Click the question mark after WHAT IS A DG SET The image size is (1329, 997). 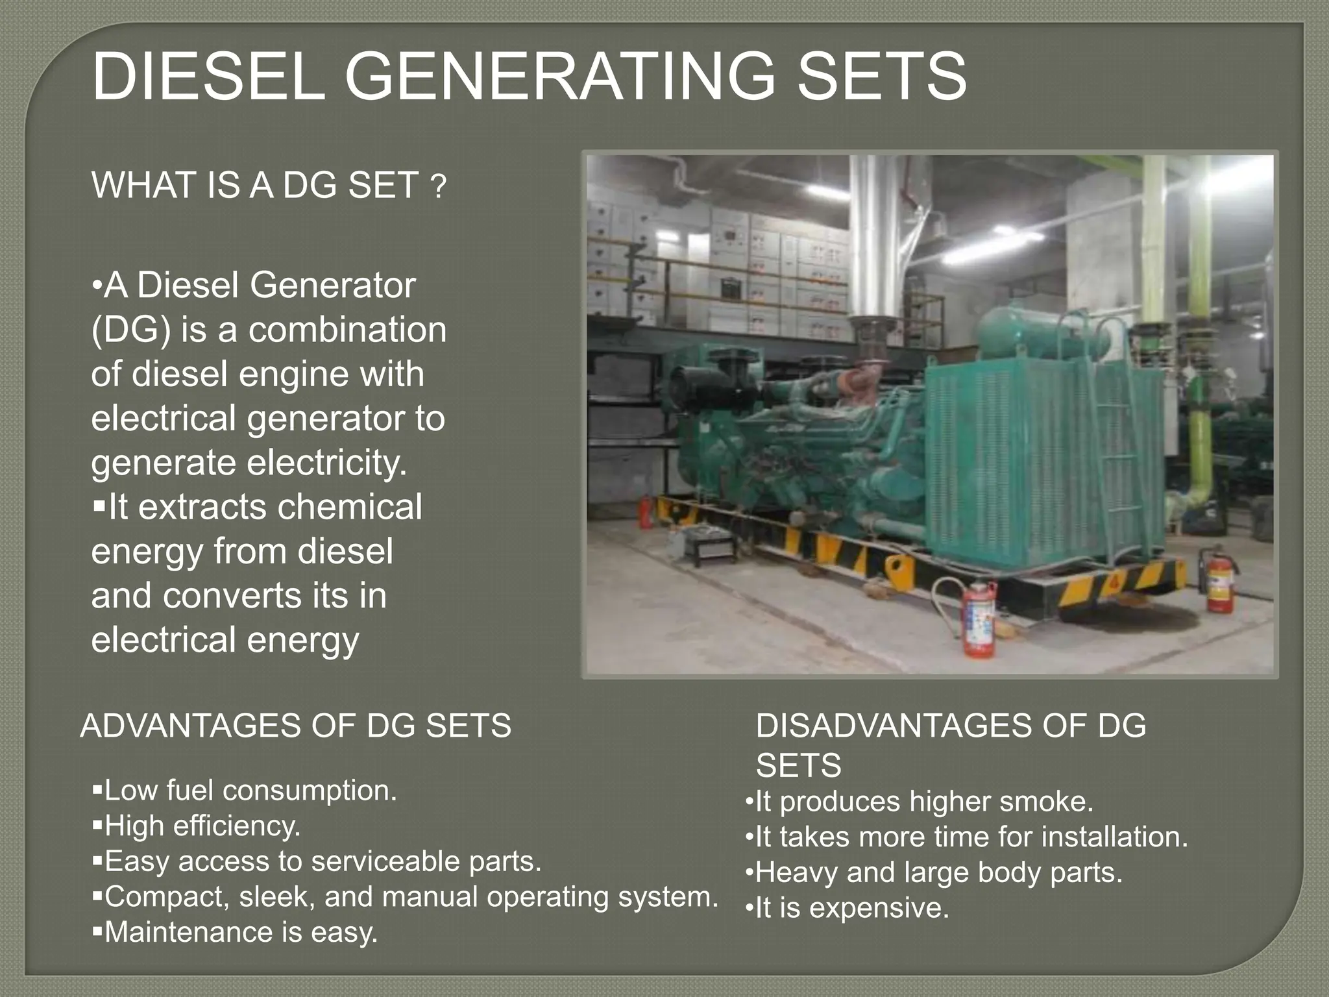(439, 188)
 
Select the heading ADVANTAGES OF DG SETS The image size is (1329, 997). (295, 726)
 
